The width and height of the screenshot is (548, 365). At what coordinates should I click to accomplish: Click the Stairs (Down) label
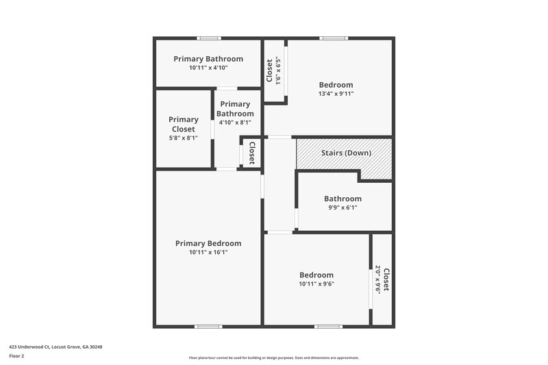tap(346, 153)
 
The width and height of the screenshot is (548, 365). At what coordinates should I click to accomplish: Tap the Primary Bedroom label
tap(208, 243)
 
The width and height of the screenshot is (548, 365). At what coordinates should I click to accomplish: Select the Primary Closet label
tap(184, 124)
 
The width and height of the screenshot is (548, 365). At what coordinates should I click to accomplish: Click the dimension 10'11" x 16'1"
tap(208, 252)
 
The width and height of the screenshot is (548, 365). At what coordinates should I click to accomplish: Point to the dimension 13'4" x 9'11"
tap(336, 94)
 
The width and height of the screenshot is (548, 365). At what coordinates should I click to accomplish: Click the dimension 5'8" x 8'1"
tap(183, 138)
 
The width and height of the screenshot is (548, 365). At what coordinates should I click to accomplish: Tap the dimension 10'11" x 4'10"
tap(208, 68)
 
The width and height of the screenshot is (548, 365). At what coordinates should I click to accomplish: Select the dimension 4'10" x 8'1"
tap(235, 123)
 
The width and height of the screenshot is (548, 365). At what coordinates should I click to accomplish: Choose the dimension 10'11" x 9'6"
tap(316, 284)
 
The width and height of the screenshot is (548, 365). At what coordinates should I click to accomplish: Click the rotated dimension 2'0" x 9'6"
tap(378, 280)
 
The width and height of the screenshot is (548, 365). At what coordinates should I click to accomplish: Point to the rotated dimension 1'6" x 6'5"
tap(278, 70)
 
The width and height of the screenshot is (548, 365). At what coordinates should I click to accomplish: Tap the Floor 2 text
tap(17, 356)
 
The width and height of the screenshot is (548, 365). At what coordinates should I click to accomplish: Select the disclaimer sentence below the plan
tap(274, 357)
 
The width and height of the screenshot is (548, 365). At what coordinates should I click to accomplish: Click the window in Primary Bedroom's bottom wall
tap(209, 326)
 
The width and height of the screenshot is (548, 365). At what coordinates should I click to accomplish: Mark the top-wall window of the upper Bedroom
tap(334, 38)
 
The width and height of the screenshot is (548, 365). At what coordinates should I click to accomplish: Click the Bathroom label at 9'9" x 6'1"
tap(342, 199)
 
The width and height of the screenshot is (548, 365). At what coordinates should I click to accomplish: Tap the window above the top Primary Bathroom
tap(209, 38)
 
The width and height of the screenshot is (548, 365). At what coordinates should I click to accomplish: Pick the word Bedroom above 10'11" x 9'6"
tap(316, 275)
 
